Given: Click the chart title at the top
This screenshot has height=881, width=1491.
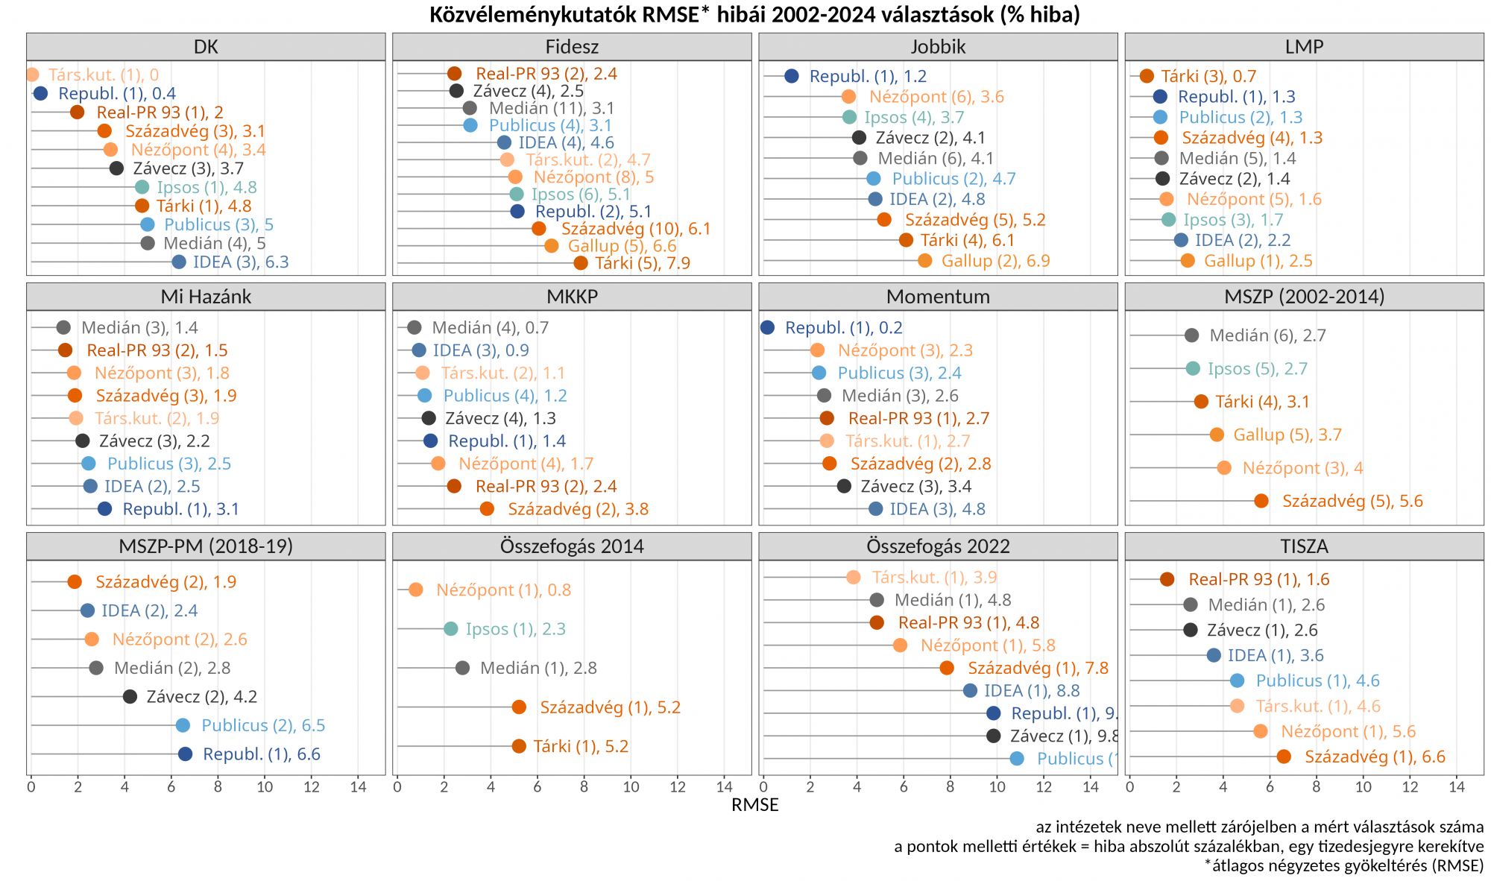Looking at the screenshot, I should click(x=754, y=14).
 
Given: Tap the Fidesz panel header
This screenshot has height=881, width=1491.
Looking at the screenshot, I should click(x=572, y=47).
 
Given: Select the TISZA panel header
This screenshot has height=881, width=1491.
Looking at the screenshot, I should click(x=1304, y=546).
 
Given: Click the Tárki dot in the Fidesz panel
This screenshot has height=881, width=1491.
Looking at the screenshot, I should click(x=581, y=263).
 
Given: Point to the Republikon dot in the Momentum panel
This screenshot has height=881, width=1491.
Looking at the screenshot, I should click(x=768, y=328).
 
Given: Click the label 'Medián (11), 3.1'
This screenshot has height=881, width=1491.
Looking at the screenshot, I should click(x=552, y=109).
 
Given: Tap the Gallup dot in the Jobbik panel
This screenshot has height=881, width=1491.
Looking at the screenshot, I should click(x=924, y=261).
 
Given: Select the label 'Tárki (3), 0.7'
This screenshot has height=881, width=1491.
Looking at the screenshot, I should click(x=1208, y=76).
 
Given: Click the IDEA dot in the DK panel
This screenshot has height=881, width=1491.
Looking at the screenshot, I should click(x=179, y=262).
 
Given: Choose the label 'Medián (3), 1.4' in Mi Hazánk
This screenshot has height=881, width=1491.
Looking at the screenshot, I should click(x=139, y=328).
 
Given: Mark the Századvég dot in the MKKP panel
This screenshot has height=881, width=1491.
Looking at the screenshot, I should click(x=487, y=509).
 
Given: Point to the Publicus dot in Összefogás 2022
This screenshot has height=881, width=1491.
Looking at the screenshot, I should click(x=1017, y=759).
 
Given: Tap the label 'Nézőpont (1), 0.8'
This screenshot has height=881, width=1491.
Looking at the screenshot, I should click(x=503, y=590).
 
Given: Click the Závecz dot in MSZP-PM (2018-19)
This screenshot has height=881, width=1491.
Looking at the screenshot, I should click(x=130, y=697).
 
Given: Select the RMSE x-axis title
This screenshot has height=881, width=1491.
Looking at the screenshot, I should click(x=754, y=805).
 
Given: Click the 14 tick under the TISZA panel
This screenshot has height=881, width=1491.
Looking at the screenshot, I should click(x=1456, y=787).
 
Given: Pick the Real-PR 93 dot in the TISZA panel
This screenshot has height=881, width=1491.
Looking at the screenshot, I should click(x=1167, y=579).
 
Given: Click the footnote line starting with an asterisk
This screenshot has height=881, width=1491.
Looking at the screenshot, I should click(x=1343, y=865).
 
